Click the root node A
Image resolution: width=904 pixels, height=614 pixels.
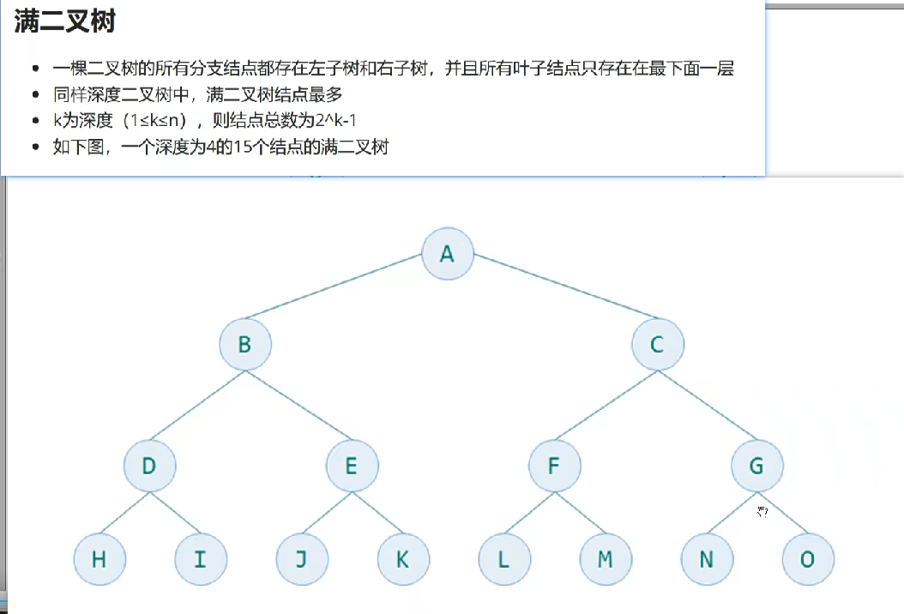(448, 254)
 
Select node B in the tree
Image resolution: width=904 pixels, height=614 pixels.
(244, 345)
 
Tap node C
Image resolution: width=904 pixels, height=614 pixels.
(658, 345)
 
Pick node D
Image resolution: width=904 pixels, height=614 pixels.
(149, 467)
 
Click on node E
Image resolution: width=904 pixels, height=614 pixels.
(352, 467)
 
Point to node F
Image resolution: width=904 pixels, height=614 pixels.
(554, 467)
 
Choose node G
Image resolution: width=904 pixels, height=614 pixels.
(756, 467)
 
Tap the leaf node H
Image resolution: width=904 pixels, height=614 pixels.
(99, 559)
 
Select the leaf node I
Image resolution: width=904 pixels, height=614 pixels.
(200, 559)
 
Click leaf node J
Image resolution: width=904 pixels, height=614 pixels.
(301, 559)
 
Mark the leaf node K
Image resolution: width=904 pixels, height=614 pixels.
(402, 559)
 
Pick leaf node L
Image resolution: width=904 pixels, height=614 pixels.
(503, 559)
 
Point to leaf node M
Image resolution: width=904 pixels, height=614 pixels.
(605, 559)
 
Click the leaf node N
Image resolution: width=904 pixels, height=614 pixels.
(706, 559)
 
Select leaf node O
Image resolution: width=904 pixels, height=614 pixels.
(807, 559)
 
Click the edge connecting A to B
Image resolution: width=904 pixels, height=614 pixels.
(346, 299)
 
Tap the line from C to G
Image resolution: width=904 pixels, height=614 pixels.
(708, 406)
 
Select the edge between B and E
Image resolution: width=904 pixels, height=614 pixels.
(298, 406)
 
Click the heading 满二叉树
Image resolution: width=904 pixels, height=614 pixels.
(64, 22)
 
